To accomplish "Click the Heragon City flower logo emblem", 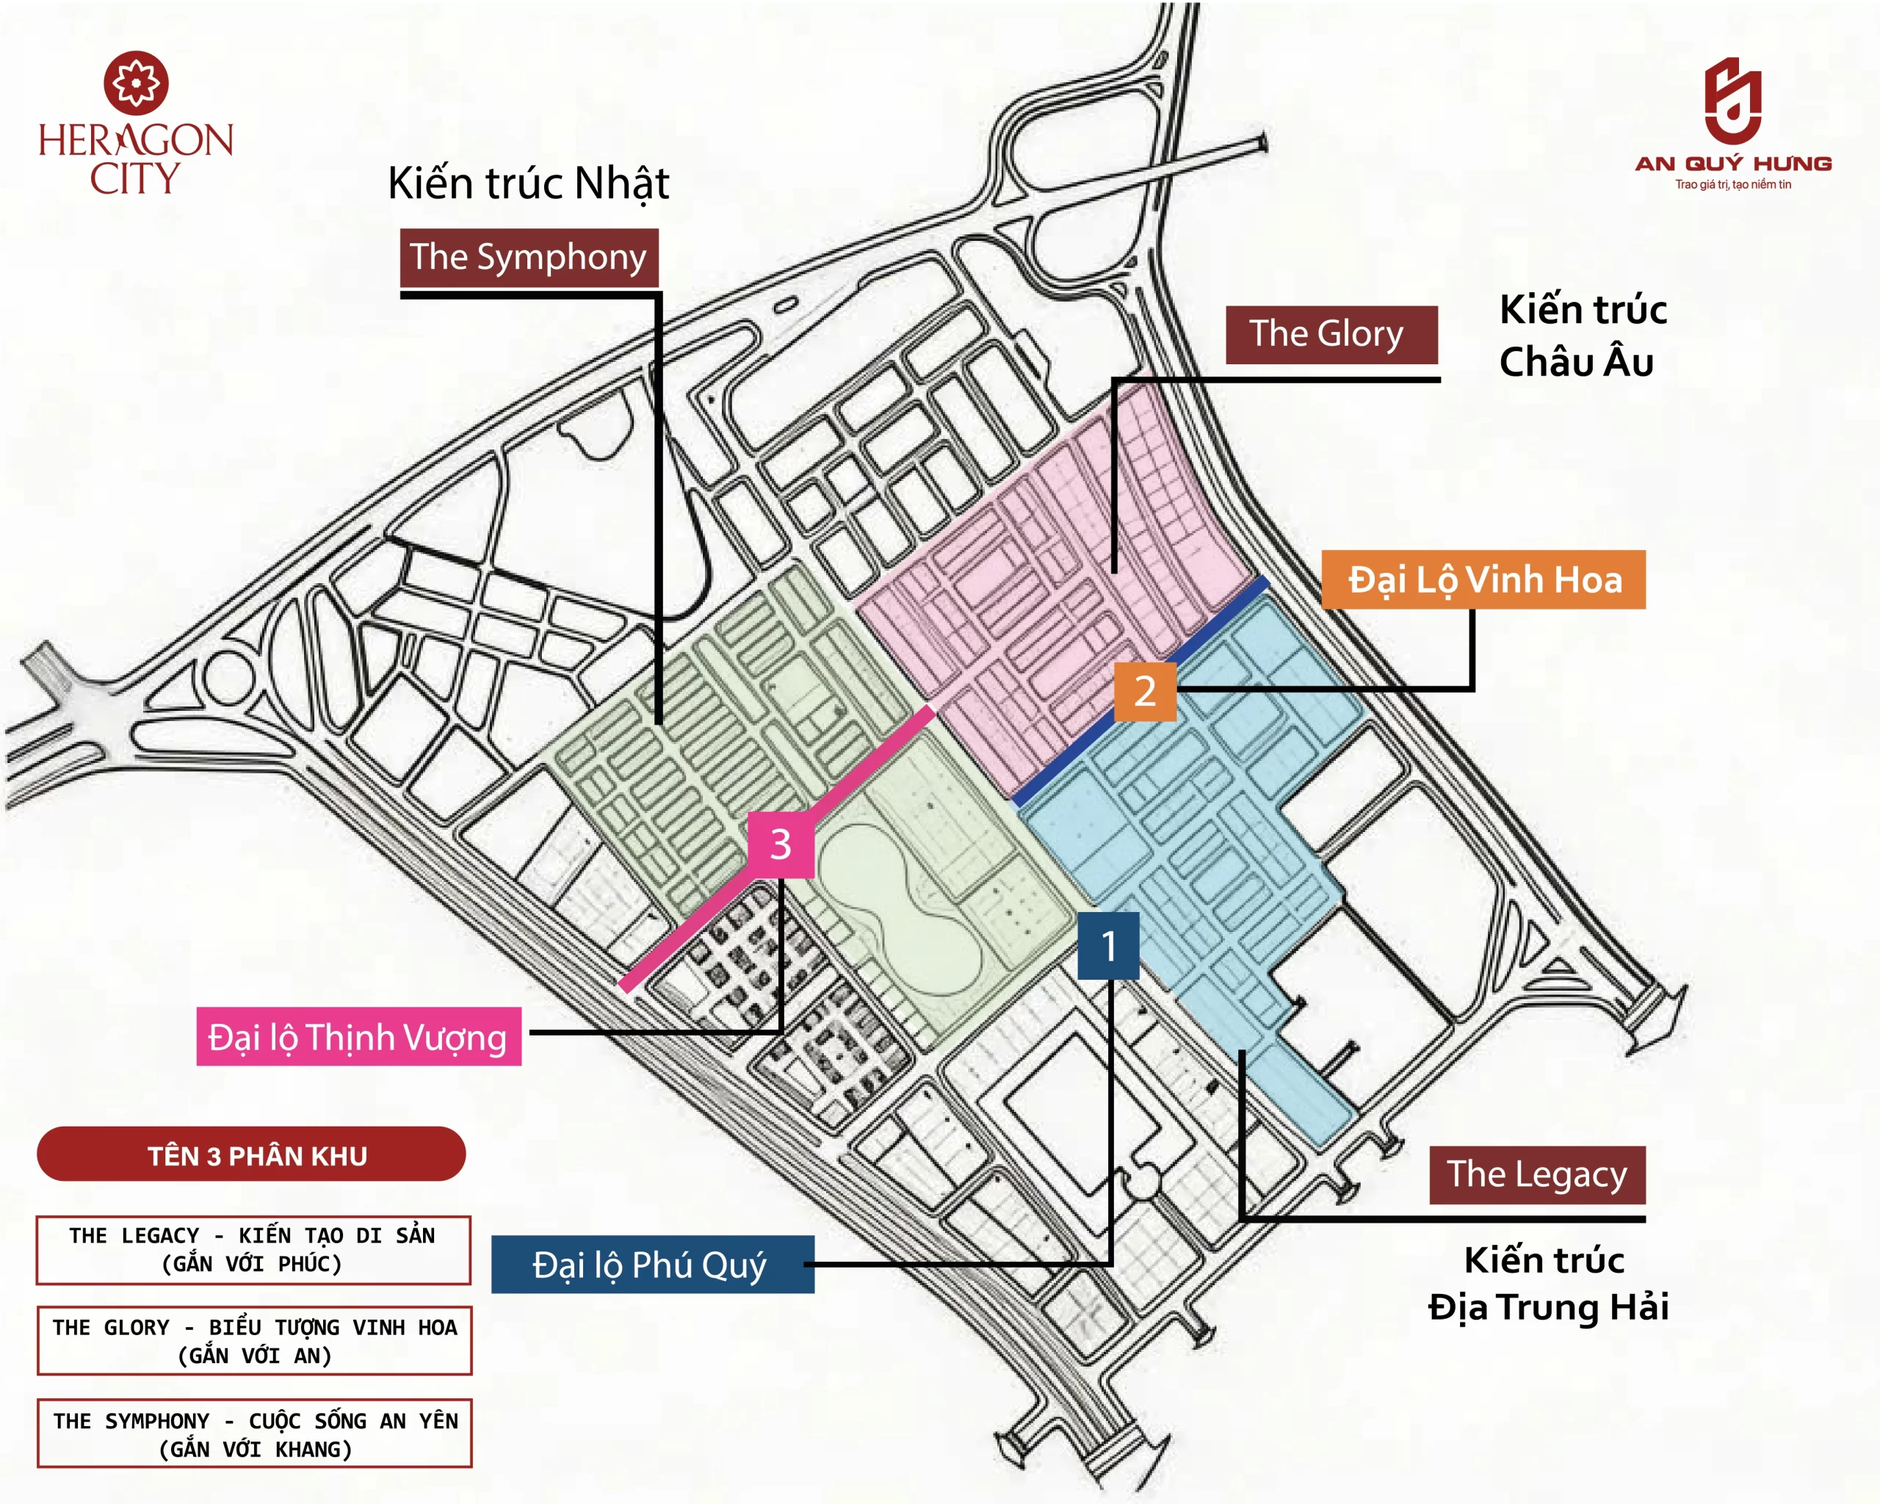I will coord(136,83).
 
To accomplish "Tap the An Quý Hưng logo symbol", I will coord(1732,101).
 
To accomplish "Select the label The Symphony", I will coord(529,257).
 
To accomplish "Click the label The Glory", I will coord(1331,334).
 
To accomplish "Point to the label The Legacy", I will coord(1536,1174).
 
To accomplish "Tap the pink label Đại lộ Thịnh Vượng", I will coord(358,1037).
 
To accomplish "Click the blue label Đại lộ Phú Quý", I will coord(652,1265).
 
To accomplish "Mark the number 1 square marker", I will coord(1108,946).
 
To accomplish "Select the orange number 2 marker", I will coord(1145,691).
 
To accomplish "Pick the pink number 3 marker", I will coord(781,844).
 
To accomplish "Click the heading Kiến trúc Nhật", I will coord(529,183).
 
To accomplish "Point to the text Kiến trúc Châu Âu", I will coord(1582,336).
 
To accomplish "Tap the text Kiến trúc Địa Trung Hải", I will coord(1548,1284).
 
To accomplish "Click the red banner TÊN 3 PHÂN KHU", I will coord(251,1154).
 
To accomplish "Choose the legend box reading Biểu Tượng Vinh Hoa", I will coord(255,1341).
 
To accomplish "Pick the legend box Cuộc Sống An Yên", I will coord(255,1434).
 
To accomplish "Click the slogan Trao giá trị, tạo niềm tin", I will coord(1732,184).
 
